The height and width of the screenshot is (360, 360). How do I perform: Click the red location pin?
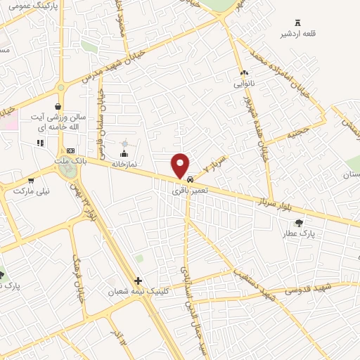pos(181,165)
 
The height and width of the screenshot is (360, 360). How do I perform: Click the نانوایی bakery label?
pos(244,83)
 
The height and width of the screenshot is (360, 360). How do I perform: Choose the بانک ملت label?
pos(70,162)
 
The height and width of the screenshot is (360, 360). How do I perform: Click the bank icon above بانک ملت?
pos(70,150)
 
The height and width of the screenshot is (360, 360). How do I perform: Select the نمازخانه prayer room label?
pos(124,163)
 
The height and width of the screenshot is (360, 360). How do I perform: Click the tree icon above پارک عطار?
pos(299,223)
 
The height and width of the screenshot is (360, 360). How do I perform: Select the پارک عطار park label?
pos(299,233)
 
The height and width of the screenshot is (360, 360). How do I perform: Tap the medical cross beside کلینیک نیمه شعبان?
pos(139,281)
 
